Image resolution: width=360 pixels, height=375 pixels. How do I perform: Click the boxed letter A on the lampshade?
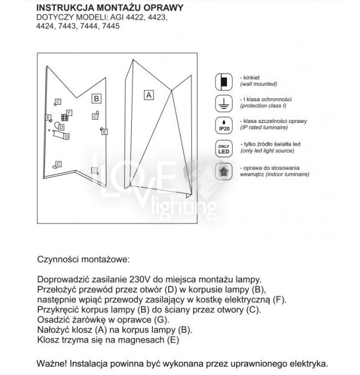148,95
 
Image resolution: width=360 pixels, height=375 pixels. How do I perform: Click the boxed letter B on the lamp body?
96,99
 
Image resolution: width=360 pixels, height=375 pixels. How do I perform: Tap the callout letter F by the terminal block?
69,113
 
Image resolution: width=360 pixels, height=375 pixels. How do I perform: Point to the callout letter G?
66,136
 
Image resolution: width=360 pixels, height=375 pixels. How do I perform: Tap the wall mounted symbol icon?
223,81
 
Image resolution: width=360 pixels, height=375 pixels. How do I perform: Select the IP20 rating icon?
223,125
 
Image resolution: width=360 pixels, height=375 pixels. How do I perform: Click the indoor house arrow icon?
223,171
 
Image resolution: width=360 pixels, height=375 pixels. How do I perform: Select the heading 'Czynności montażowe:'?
84,259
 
